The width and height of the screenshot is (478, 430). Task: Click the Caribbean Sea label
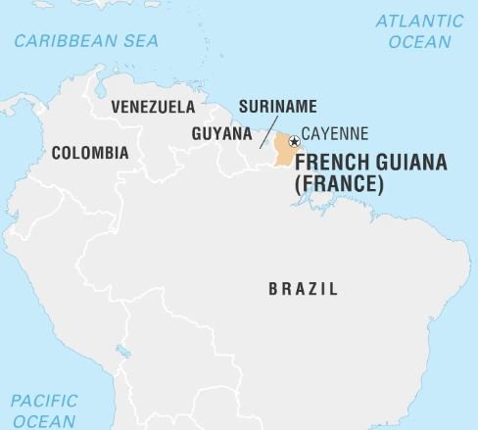tap(85, 40)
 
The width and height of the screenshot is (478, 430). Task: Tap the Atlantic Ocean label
tap(419, 31)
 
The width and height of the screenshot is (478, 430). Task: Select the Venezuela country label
tap(153, 106)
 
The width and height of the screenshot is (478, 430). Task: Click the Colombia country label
tap(89, 153)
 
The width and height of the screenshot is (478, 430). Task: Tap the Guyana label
tap(219, 133)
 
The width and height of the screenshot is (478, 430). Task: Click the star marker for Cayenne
tap(293, 141)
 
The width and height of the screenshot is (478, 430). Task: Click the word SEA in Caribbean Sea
tap(139, 40)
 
